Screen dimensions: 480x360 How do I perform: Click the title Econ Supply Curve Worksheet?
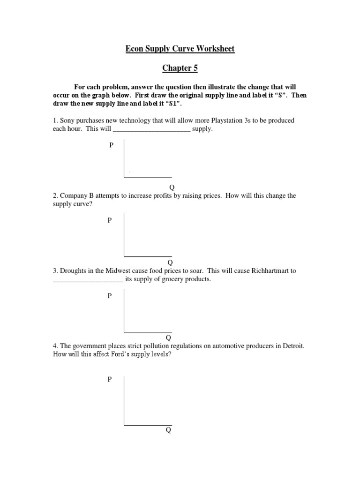(x=180, y=49)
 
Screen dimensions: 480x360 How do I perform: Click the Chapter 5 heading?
(x=180, y=68)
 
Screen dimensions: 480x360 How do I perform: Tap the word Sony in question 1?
(x=67, y=120)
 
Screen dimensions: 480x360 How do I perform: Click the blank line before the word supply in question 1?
(x=152, y=129)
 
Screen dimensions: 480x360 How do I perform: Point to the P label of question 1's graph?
(x=111, y=145)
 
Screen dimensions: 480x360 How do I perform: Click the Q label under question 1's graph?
(x=172, y=187)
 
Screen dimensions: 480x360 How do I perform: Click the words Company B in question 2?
(x=76, y=195)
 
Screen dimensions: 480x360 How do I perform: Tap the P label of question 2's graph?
(x=110, y=220)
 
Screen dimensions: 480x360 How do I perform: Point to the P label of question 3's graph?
(x=110, y=296)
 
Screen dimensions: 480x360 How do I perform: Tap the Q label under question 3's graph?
(x=168, y=337)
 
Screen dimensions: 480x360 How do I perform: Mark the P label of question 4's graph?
(x=110, y=379)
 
